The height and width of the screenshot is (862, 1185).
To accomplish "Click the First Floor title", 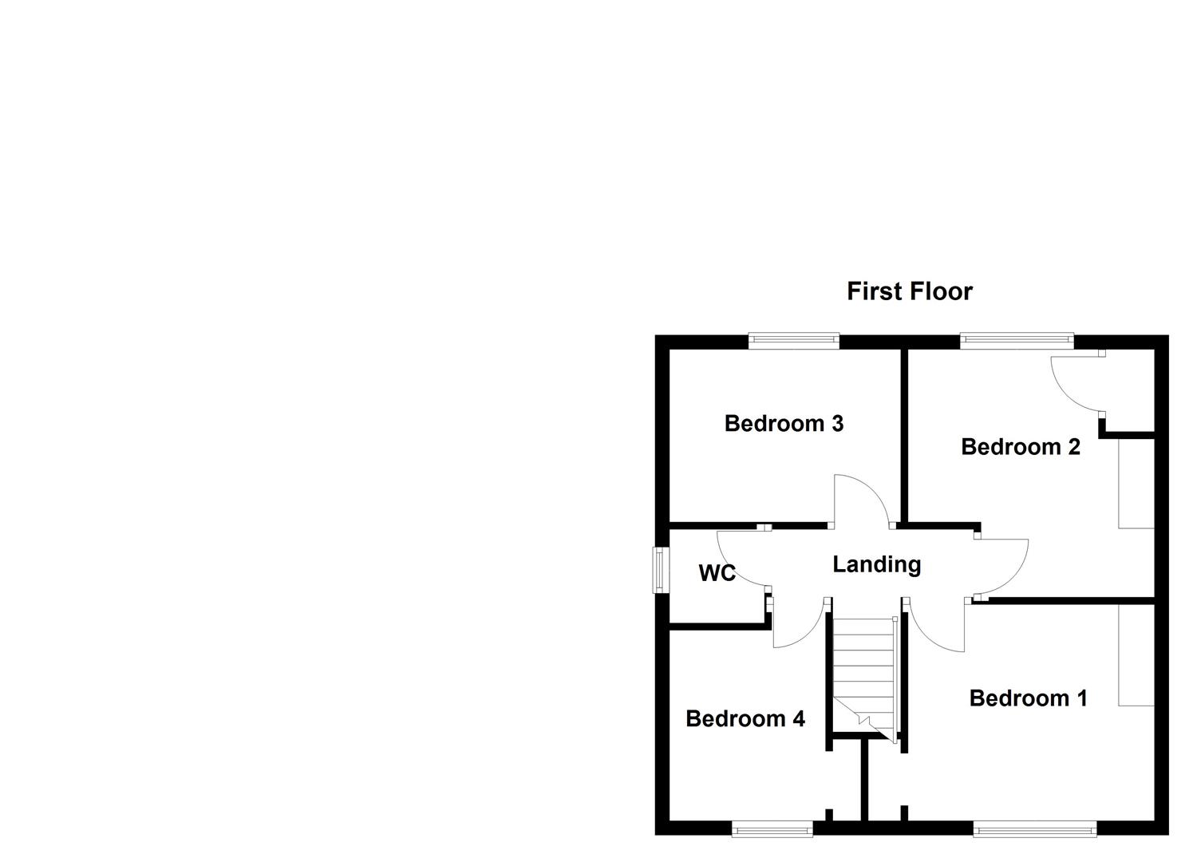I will pyautogui.click(x=909, y=291).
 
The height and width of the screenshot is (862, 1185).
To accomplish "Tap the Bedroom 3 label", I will pyautogui.click(x=784, y=423).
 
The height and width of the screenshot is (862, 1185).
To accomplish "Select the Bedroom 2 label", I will pyautogui.click(x=1020, y=446).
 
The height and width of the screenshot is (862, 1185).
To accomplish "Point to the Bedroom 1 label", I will pyautogui.click(x=1028, y=698).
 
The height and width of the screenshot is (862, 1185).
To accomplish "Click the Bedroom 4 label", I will pyautogui.click(x=745, y=718).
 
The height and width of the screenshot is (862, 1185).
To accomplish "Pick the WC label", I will pyautogui.click(x=716, y=573).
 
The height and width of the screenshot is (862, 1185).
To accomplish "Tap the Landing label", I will pyautogui.click(x=876, y=564).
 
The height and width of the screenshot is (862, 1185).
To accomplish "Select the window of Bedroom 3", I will pyautogui.click(x=793, y=341).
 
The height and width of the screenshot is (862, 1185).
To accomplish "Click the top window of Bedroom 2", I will pyautogui.click(x=1016, y=341).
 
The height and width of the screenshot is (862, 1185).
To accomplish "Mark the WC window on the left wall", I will pyautogui.click(x=661, y=569).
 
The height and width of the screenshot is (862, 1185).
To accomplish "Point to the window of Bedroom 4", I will pyautogui.click(x=772, y=830).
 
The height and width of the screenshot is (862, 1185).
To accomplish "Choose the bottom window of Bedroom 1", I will pyautogui.click(x=1034, y=830).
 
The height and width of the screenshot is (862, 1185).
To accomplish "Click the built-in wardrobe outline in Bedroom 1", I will pyautogui.click(x=1136, y=654).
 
